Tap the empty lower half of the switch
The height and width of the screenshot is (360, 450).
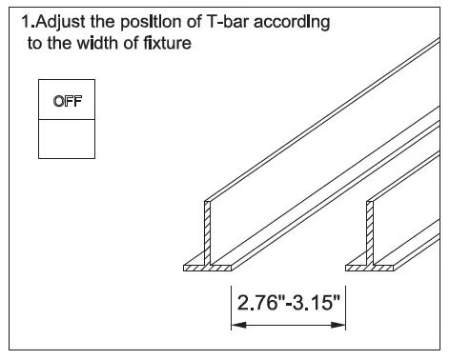tap(66, 138)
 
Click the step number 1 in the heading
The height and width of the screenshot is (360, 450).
tap(26, 23)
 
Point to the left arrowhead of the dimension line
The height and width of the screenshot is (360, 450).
tap(235, 325)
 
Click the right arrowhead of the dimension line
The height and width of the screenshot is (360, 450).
tap(340, 325)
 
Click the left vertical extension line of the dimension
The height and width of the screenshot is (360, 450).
tap(230, 305)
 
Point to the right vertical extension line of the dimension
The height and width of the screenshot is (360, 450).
tap(346, 305)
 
